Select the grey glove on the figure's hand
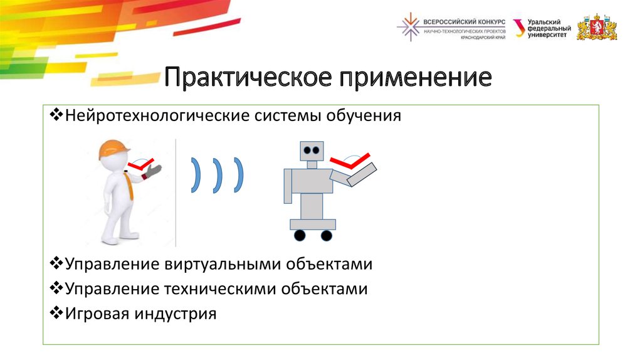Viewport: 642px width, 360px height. point(152,171)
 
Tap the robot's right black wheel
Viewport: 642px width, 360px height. point(326,235)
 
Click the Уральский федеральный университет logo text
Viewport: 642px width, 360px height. point(549,28)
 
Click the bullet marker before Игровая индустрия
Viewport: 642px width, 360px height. point(54,312)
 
